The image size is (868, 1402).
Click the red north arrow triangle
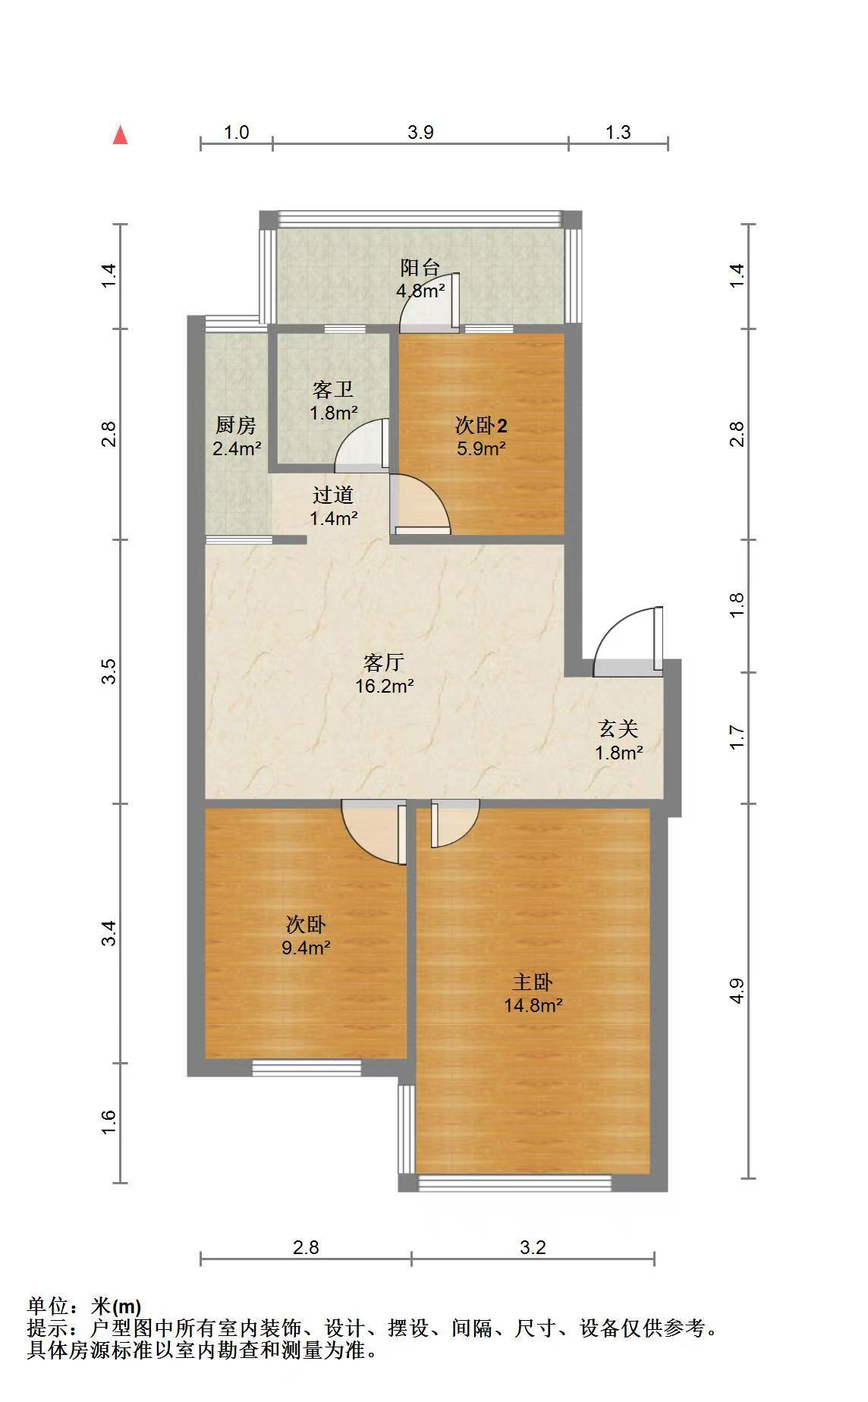click(120, 135)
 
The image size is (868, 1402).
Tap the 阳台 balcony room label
click(420, 268)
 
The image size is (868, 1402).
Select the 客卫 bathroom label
click(333, 390)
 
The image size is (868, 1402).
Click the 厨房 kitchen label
click(236, 426)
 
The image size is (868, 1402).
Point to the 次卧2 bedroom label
click(481, 425)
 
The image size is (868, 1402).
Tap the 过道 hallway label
click(333, 495)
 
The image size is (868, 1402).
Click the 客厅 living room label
click(383, 663)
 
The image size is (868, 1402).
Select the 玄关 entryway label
click(618, 729)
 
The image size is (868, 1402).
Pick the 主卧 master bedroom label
click(532, 982)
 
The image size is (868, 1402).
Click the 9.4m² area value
click(306, 948)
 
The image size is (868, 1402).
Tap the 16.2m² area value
click(385, 687)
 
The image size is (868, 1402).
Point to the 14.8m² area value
click(533, 1006)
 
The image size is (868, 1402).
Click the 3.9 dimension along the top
click(420, 132)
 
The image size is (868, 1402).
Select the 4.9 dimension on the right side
click(737, 991)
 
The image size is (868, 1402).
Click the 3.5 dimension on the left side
click(111, 672)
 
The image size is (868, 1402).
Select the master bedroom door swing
click(455, 823)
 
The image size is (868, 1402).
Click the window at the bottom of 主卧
click(515, 1183)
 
